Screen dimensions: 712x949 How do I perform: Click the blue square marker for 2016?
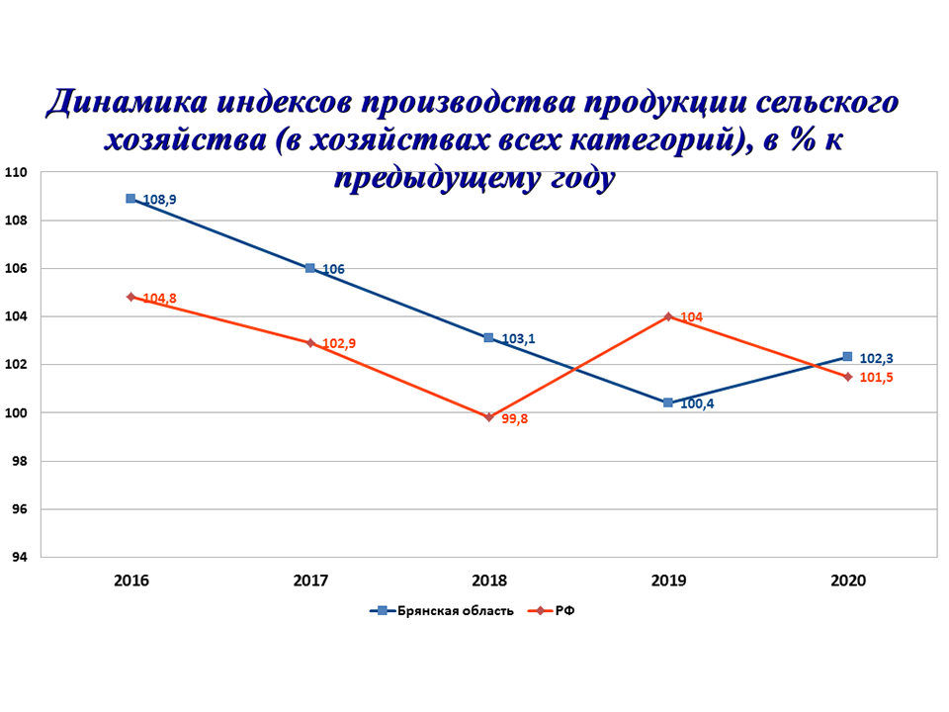[130, 199]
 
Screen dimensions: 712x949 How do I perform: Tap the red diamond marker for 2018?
[488, 417]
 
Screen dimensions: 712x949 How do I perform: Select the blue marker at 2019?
[668, 402]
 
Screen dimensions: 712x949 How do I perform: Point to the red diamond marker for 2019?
[668, 316]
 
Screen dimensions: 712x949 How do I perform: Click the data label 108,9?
[159, 200]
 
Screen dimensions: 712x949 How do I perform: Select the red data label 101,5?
[874, 378]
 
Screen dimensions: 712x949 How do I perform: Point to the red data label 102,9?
[339, 344]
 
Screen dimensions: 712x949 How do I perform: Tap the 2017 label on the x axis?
[310, 580]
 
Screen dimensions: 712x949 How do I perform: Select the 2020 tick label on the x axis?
[847, 580]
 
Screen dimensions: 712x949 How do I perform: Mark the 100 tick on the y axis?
[18, 413]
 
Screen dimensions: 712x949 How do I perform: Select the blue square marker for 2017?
[309, 268]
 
